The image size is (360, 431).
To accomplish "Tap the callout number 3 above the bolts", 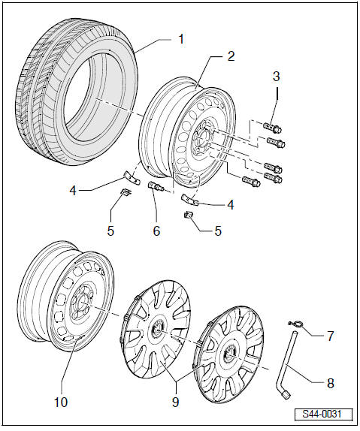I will tap(276, 77).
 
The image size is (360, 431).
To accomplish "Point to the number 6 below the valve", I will tap(156, 231).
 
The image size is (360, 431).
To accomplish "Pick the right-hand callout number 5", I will tap(218, 231).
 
